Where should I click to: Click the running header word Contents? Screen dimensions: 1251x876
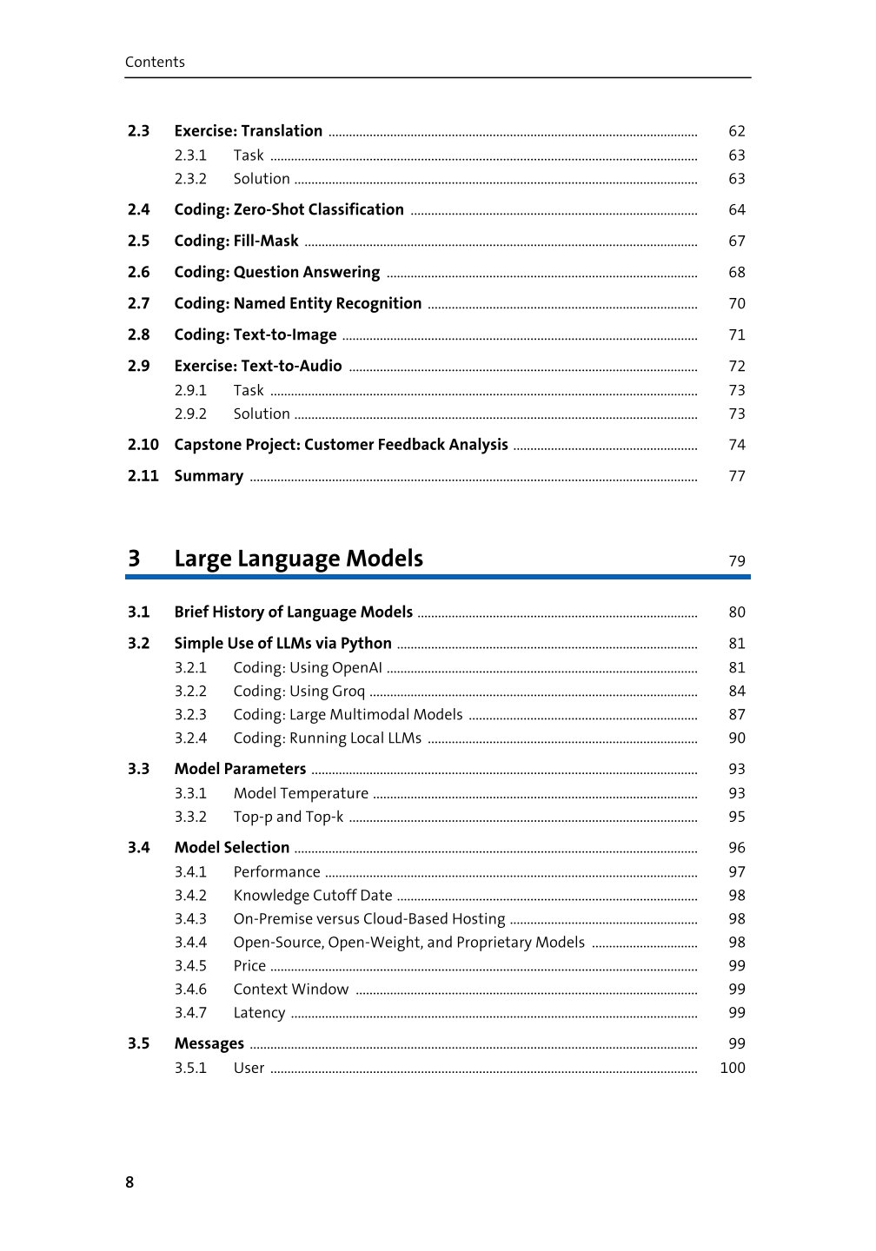pos(155,62)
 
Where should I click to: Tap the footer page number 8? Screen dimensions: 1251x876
pos(130,1182)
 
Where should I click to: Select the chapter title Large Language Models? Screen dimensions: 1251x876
pos(298,559)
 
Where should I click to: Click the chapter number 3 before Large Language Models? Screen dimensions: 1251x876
pos(134,559)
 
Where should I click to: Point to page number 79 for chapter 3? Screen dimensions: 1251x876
pos(737,561)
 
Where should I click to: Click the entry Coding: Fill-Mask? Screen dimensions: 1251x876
pos(236,241)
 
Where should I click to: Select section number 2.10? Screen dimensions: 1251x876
pos(143,445)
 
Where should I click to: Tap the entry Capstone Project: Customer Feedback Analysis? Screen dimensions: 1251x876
pos(341,445)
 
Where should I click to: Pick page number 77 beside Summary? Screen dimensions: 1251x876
pos(737,476)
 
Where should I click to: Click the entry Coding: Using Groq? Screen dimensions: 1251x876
pos(299,692)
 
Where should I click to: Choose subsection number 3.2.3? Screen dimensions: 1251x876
pos(190,715)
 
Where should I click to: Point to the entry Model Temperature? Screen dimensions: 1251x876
pos(301,793)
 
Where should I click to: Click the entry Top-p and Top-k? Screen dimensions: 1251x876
pos(288,817)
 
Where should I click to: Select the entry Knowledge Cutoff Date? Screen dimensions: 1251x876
pos(312,896)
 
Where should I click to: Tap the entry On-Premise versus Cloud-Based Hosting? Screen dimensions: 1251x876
pos(368,919)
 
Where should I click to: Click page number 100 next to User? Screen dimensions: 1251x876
pos(733,1068)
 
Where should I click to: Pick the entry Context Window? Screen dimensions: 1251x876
pos(290,990)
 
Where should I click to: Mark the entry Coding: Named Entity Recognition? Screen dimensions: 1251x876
pos(297,303)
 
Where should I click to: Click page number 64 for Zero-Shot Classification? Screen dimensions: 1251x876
pos(737,210)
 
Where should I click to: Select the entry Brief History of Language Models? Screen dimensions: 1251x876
pos(293,612)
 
